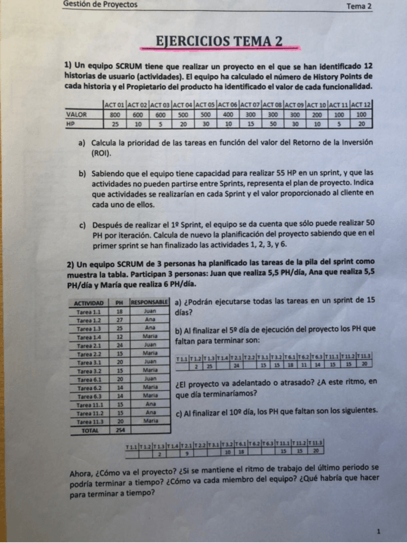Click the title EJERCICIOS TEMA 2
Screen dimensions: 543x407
tap(219, 42)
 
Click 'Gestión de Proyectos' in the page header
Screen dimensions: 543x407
tap(100, 4)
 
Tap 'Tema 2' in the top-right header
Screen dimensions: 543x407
tap(358, 6)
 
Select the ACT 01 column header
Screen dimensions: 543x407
tap(115, 104)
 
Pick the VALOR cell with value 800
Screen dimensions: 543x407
tap(115, 113)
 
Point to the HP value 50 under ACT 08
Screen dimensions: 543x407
tap(273, 123)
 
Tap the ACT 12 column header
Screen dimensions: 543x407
tap(362, 104)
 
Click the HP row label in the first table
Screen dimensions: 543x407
tap(71, 123)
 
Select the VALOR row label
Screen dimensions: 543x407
tap(76, 113)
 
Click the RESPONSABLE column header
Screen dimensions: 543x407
tap(149, 302)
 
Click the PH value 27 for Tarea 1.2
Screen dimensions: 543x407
tap(119, 318)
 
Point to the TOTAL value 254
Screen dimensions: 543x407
tap(120, 430)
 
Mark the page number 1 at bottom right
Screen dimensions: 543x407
tap(379, 531)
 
